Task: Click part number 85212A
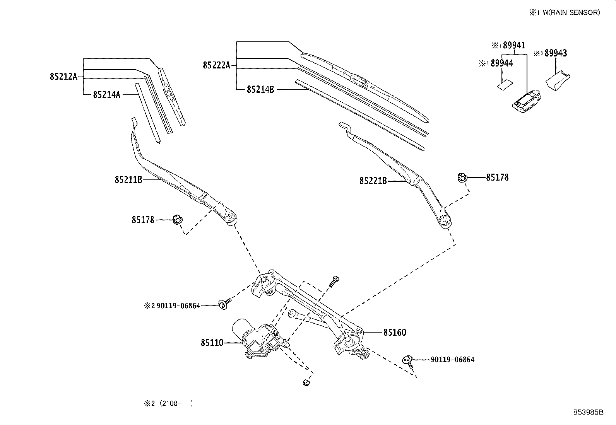pos(64,77)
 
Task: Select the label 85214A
pos(106,94)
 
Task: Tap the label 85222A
pos(216,65)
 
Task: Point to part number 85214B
pos(260,90)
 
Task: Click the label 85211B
pos(128,179)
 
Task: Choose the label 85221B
pos(373,181)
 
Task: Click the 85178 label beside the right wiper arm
pos(497,178)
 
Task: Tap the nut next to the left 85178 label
pos(178,220)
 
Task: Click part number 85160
pos(395,332)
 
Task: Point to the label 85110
pos(212,343)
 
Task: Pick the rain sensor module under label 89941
pos(526,102)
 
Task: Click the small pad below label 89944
pos(505,85)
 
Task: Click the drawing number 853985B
pos(588,412)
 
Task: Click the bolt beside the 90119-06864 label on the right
pos(408,360)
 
